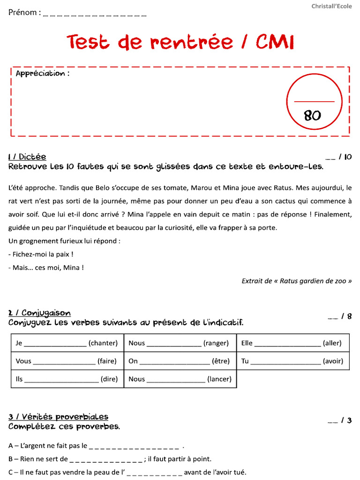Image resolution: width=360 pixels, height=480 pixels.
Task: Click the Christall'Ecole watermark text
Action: pyautogui.click(x=332, y=6)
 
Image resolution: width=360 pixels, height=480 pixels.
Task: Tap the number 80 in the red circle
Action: pyautogui.click(x=312, y=115)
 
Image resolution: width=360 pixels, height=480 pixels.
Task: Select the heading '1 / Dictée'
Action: pyautogui.click(x=27, y=157)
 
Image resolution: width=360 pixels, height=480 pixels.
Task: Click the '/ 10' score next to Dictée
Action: pyautogui.click(x=345, y=157)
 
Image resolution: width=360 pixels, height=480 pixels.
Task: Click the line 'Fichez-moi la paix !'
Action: pyautogui.click(x=41, y=255)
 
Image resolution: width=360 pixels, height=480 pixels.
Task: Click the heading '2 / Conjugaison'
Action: pyautogui.click(x=39, y=313)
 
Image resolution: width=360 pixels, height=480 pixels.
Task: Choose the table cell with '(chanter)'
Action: pyautogui.click(x=67, y=343)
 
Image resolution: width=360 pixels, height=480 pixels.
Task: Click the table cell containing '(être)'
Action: pyautogui.click(x=180, y=361)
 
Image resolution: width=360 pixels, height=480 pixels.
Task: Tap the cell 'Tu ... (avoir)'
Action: pyautogui.click(x=292, y=361)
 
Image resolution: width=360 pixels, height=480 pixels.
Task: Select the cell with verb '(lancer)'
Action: pyautogui.click(x=180, y=379)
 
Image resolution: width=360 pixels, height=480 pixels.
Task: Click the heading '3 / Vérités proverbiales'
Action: pyautogui.click(x=58, y=417)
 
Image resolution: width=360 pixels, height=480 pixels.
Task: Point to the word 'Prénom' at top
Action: pyautogui.click(x=22, y=13)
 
